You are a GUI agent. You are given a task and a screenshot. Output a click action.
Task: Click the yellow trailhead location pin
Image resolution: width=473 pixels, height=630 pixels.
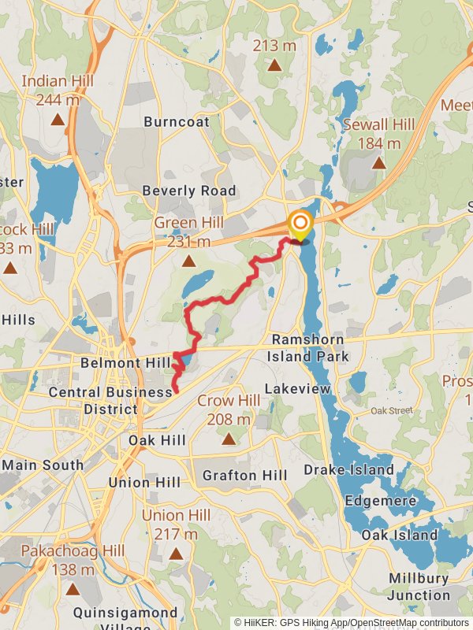(x=300, y=224)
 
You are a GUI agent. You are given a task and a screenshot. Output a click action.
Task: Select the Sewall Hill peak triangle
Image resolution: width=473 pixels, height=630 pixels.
(x=378, y=163)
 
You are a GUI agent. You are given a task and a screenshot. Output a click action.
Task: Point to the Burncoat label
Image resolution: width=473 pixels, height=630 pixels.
(x=177, y=122)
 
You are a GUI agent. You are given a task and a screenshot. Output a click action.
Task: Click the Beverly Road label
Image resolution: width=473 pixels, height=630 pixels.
(x=188, y=191)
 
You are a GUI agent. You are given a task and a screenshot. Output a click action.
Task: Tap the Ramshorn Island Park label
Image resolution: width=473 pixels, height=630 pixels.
(x=310, y=347)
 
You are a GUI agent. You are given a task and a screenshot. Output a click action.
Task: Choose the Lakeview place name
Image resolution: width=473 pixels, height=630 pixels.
(x=292, y=389)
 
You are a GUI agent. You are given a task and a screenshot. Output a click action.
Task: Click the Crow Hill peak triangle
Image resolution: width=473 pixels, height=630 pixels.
(x=229, y=439)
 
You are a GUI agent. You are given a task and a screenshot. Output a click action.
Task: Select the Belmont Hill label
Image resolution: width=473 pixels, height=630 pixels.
(x=125, y=363)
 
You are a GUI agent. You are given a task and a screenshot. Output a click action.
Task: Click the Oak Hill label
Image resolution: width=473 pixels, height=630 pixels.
(x=157, y=440)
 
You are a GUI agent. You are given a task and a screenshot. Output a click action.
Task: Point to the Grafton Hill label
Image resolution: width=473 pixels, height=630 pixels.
(x=245, y=476)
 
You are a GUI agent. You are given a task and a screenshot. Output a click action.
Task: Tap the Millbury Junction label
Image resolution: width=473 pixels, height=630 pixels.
(x=419, y=587)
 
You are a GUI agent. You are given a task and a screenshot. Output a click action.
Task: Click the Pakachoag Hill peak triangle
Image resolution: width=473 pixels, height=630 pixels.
(x=73, y=588)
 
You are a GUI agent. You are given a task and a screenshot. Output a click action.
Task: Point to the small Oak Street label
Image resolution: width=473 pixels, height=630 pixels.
(x=392, y=410)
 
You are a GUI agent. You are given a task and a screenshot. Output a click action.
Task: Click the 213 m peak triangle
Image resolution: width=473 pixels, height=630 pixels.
(x=274, y=65)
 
